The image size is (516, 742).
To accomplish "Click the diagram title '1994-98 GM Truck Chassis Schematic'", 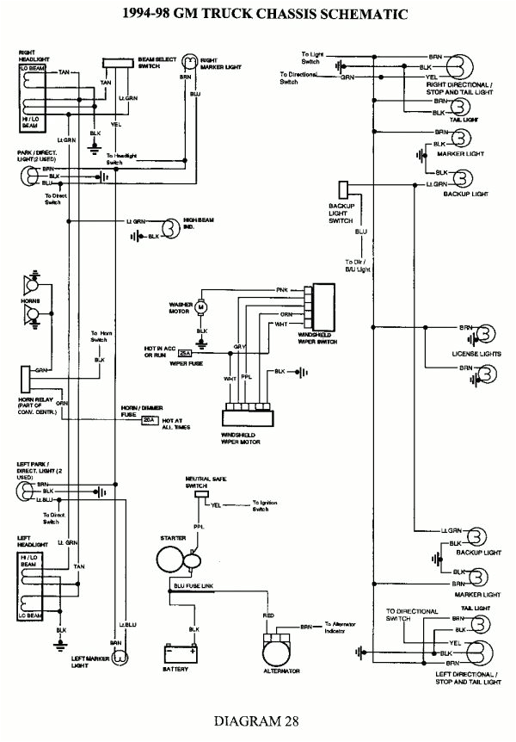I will (257, 15).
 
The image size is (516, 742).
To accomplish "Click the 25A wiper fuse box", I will (185, 353).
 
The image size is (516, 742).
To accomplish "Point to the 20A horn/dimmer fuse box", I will (150, 420).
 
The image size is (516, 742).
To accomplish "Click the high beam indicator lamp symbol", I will (170, 227).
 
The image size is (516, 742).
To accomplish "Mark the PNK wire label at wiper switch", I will (282, 289).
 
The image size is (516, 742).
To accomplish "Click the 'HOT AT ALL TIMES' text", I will (176, 424).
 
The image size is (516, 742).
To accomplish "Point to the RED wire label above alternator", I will (268, 617).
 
